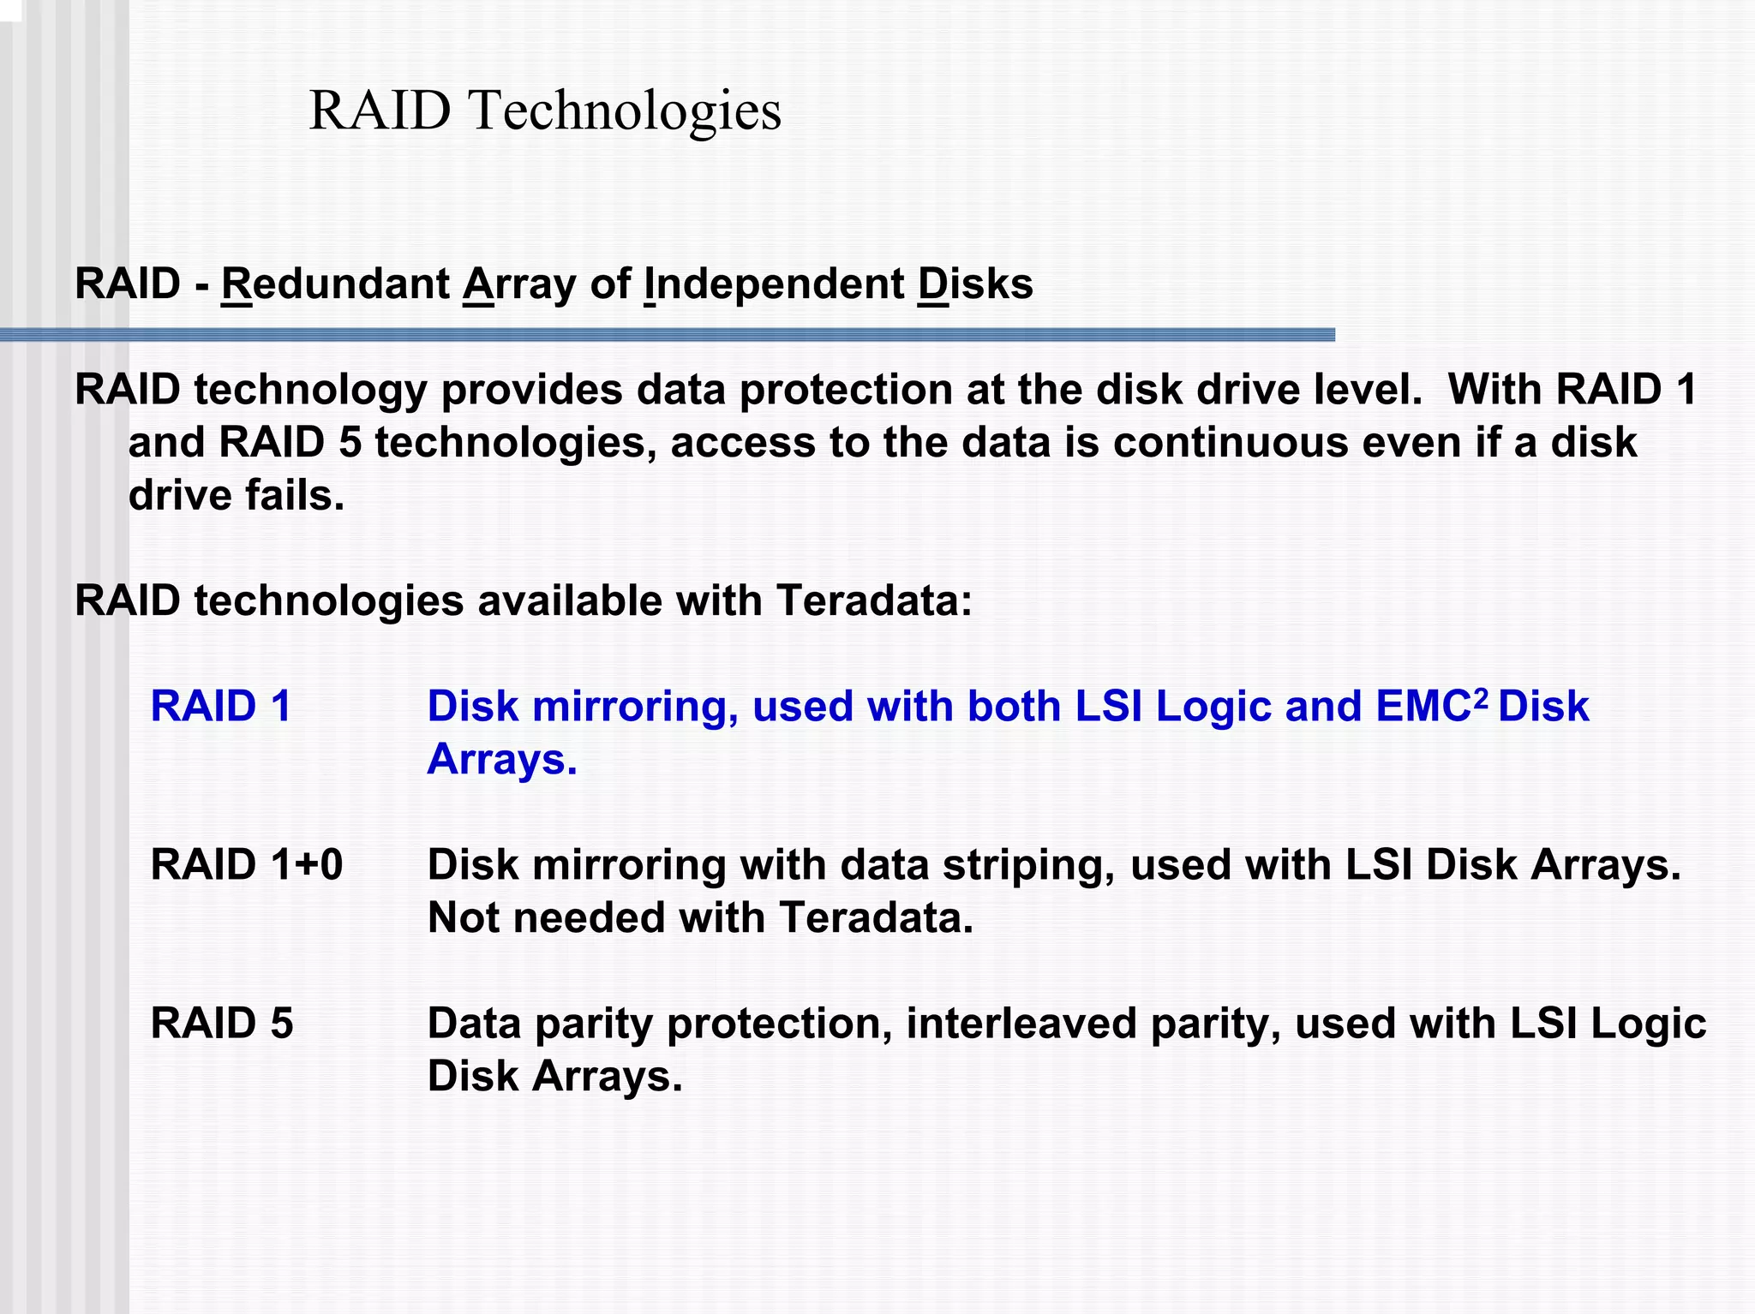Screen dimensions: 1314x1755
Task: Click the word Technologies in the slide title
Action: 625,111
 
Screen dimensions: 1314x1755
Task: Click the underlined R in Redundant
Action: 236,284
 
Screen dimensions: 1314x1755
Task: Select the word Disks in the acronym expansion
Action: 974,284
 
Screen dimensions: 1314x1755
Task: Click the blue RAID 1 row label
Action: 221,707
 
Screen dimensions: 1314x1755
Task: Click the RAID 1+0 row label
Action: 247,865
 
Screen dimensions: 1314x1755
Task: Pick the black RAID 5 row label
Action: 222,1024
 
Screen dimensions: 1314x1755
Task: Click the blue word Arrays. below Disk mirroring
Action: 502,760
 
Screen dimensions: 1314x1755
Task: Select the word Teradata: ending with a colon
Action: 874,601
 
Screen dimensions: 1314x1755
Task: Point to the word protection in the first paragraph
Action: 846,391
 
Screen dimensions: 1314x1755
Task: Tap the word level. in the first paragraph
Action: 1367,391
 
